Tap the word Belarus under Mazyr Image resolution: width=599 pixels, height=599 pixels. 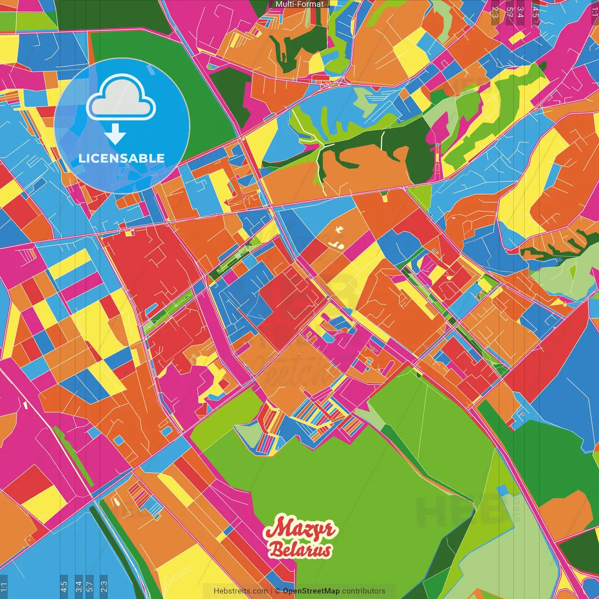tap(300, 550)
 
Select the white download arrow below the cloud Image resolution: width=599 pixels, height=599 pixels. tap(115, 134)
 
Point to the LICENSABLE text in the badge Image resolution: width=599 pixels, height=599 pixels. tap(122, 158)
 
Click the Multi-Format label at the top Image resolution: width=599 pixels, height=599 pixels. tap(299, 4)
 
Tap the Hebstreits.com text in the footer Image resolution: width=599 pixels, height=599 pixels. tap(241, 591)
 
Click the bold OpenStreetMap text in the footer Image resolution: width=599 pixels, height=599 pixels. tap(311, 591)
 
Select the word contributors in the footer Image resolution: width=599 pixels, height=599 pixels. tap(364, 591)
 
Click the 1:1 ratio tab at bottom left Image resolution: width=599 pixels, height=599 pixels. tap(4, 587)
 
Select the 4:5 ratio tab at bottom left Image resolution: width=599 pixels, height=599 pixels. tap(64, 587)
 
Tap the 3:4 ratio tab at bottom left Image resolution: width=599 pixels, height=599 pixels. tap(79, 587)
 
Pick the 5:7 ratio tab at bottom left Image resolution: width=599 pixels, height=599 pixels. tap(90, 587)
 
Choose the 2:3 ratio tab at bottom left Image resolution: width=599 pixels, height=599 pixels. tap(104, 587)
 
